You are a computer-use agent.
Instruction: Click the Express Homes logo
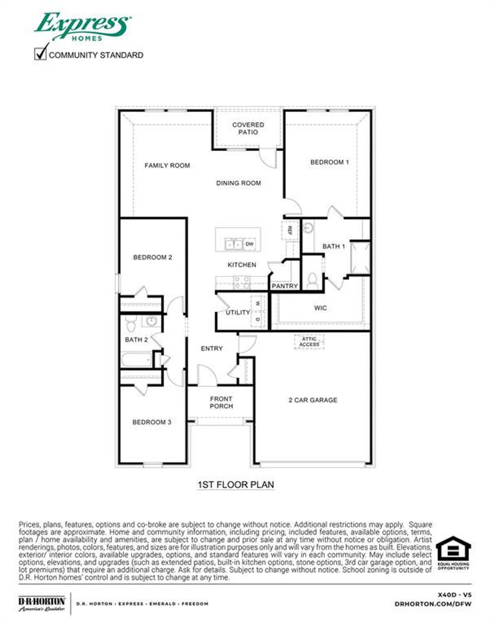(82, 26)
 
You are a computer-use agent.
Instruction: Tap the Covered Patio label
(248, 128)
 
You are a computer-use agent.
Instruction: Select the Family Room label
(167, 165)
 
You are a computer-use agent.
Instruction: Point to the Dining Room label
(238, 183)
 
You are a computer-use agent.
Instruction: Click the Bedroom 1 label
(329, 162)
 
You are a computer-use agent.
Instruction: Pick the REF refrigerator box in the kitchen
(290, 230)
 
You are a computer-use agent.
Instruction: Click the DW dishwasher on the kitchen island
(250, 244)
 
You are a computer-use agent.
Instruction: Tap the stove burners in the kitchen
(242, 282)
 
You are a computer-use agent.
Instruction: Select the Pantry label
(285, 286)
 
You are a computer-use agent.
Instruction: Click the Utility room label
(238, 312)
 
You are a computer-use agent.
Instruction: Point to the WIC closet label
(320, 308)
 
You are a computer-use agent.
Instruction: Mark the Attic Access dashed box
(309, 342)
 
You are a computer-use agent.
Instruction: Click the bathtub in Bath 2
(137, 361)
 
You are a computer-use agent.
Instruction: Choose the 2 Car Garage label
(313, 400)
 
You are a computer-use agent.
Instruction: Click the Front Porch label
(221, 402)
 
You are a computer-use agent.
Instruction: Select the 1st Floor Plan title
(236, 484)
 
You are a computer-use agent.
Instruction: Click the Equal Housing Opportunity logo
(453, 553)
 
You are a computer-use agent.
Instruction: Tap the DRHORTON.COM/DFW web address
(433, 604)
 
